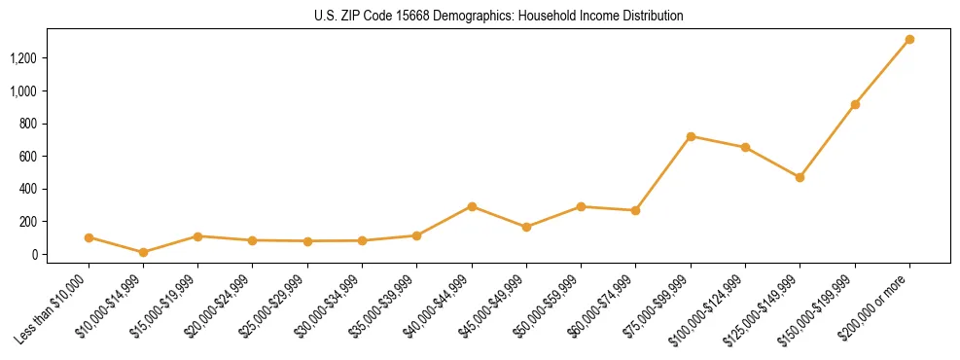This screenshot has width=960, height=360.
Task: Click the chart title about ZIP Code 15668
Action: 498,16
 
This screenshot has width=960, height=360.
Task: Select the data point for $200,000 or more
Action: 909,40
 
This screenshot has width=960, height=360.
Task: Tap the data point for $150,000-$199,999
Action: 855,104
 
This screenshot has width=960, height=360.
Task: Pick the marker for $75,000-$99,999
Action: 691,136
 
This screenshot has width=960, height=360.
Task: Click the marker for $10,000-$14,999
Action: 144,252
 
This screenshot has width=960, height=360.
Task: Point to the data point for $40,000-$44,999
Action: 472,206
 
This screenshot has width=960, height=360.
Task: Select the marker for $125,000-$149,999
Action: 800,177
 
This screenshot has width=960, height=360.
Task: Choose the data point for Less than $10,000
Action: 89,237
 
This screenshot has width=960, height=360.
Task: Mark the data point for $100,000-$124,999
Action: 745,147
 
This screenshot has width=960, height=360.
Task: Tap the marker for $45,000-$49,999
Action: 526,227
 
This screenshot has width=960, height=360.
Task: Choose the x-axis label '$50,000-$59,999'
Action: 547,308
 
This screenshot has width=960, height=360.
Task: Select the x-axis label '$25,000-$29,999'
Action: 272,308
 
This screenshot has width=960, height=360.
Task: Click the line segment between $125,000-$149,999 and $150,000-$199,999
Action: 828,140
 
